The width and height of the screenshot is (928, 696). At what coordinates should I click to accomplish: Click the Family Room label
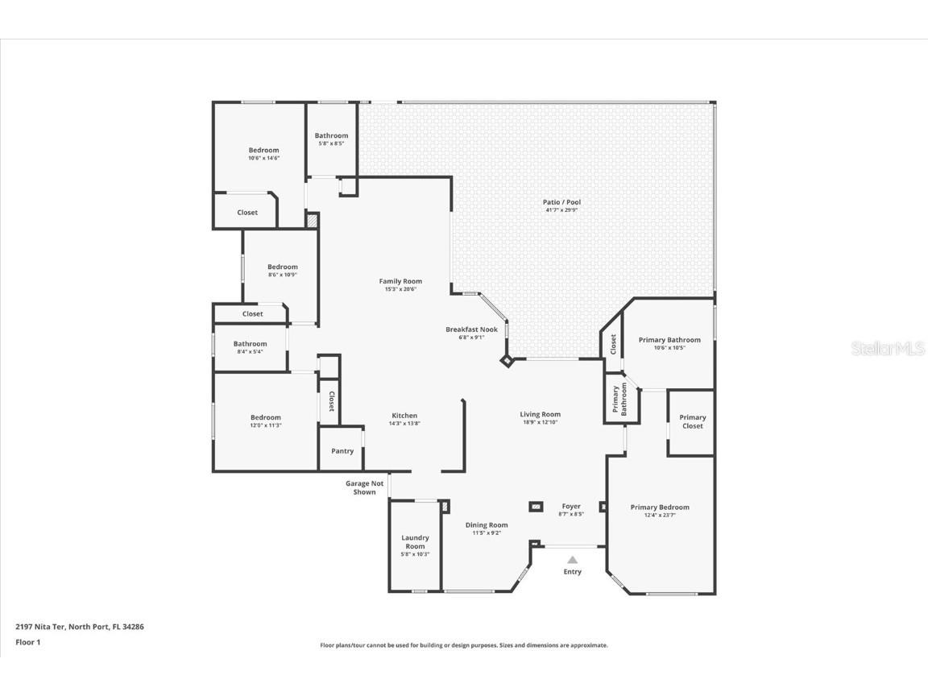coord(400,281)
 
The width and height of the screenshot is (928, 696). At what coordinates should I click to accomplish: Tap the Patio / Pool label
coord(561,202)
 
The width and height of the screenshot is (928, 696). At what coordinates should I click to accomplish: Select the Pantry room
coord(342,450)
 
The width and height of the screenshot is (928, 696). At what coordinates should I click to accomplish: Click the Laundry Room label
coord(415,541)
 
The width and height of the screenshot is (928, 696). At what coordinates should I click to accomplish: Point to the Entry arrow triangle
coord(572,559)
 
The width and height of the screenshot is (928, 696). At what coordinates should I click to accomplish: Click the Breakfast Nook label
coord(471,329)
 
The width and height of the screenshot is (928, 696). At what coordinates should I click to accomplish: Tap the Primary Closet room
coord(692,422)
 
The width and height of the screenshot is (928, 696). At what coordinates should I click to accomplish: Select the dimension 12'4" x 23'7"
coord(660,516)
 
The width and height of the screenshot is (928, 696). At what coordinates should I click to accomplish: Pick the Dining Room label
coord(487,524)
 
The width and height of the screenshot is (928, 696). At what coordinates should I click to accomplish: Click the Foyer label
coord(571,507)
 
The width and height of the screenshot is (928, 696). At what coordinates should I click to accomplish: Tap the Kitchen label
coord(404,416)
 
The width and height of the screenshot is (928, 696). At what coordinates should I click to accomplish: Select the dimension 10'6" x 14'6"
coord(263,158)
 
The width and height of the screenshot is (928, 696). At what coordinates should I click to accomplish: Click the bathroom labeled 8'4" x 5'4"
coord(250,347)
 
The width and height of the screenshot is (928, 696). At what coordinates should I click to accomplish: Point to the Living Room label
coord(540,414)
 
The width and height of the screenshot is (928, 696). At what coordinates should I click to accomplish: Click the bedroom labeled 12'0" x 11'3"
coord(265,420)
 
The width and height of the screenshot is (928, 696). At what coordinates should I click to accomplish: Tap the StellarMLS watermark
coord(889,348)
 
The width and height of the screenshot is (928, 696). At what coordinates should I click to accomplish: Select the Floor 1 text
coord(27,642)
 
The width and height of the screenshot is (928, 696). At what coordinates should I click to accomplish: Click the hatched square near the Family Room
coord(313,220)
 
